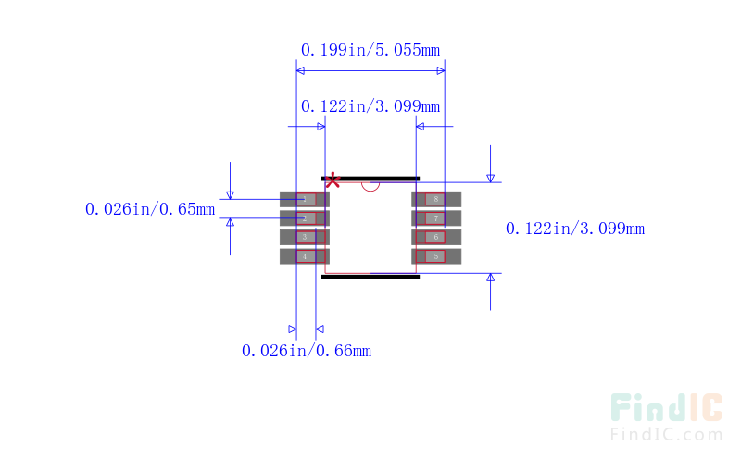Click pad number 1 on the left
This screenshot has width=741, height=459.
point(304,199)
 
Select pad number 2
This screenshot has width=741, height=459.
point(304,218)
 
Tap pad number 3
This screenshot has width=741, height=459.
point(304,237)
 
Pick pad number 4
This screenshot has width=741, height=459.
point(304,256)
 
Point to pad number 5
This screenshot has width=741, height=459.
point(436,256)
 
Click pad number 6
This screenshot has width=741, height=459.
point(436,237)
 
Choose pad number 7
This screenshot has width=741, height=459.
point(436,218)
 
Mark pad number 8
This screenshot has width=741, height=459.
point(436,199)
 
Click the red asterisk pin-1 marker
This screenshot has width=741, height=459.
point(333,180)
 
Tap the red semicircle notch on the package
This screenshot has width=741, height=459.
point(370,185)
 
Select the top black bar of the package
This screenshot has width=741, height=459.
point(370,178)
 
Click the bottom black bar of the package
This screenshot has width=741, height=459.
point(370,276)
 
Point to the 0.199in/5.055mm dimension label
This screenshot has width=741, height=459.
point(370,49)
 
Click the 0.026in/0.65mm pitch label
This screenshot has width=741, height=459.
point(149,209)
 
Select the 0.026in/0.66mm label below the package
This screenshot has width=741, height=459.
point(306,351)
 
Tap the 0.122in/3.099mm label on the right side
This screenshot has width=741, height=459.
point(574,229)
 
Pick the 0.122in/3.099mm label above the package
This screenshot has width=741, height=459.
point(370,106)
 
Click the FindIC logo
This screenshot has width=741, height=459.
point(666,408)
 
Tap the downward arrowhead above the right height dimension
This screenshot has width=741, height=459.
point(491,178)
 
